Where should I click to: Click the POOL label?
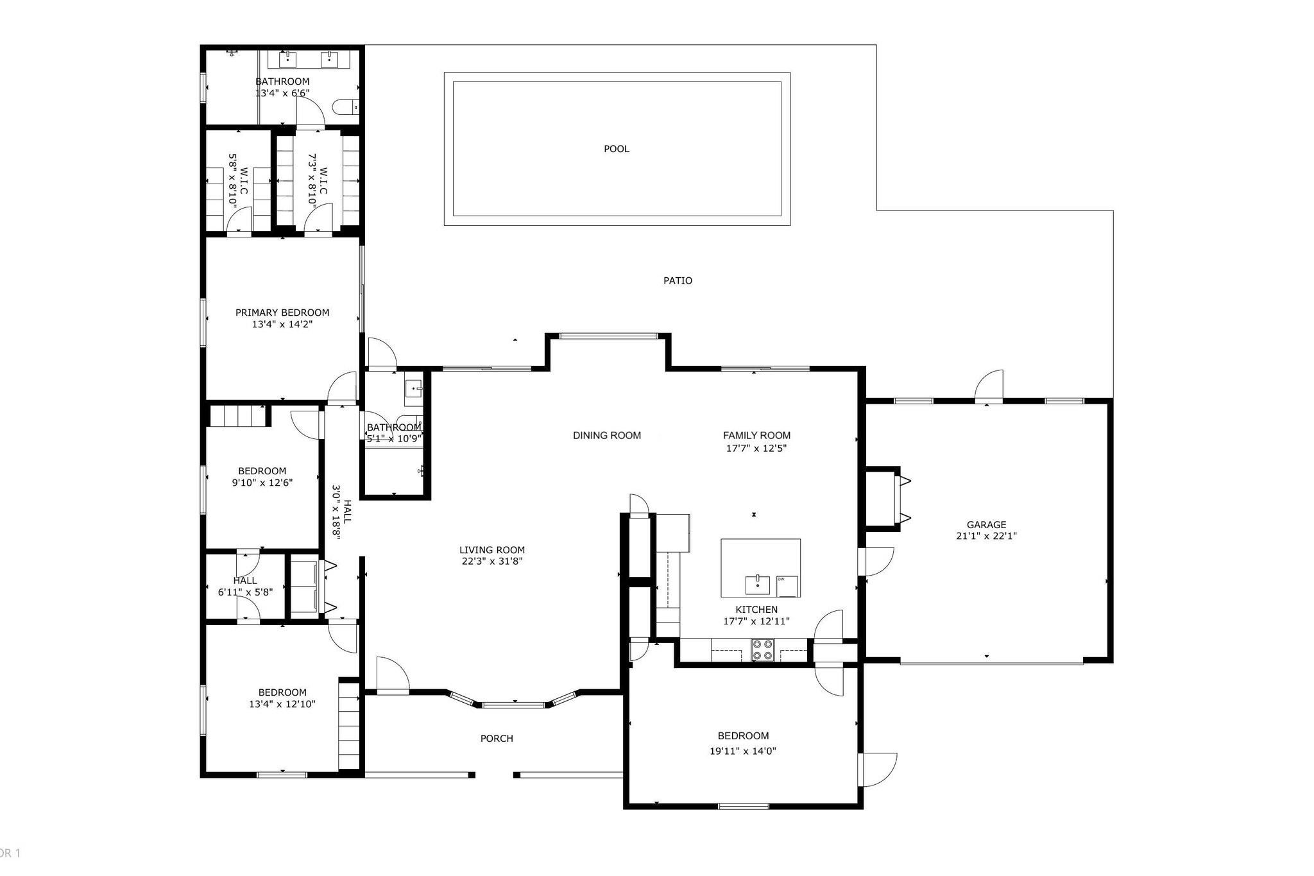tap(617, 149)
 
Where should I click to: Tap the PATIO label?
tap(678, 280)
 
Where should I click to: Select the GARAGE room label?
tap(986, 525)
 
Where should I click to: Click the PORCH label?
tap(497, 739)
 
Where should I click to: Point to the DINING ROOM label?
tap(607, 436)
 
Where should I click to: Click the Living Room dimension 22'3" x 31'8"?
tap(491, 562)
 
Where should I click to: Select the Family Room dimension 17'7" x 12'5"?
tap(756, 448)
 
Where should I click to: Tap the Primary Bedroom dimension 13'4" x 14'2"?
tap(282, 325)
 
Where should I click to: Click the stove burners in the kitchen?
tap(763, 650)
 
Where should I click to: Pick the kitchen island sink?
tap(758, 585)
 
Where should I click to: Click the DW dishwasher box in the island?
tap(787, 586)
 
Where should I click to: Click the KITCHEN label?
tap(756, 610)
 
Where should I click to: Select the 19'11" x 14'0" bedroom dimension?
tap(743, 751)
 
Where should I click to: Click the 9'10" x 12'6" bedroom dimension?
tap(262, 483)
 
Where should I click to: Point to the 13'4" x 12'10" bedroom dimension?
tap(282, 704)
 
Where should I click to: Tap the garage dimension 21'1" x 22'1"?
tap(986, 537)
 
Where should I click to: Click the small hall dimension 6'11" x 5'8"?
tap(245, 592)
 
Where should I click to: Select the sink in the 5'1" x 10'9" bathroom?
tap(414, 389)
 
